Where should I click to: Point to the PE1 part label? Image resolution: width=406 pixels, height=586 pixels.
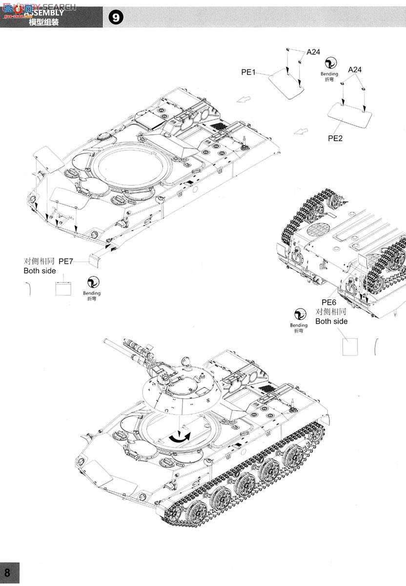248,72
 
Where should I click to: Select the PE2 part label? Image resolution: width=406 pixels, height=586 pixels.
335,138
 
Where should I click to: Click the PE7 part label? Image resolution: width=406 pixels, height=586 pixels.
66,262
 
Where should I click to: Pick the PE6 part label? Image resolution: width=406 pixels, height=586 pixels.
329,303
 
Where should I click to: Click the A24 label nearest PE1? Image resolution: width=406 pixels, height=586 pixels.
313,52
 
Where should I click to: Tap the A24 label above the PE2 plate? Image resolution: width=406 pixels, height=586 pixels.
355,70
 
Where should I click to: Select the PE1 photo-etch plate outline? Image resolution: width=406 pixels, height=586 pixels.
287,83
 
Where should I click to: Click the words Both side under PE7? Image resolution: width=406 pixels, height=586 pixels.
40,271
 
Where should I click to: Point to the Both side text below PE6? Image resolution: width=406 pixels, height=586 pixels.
331,321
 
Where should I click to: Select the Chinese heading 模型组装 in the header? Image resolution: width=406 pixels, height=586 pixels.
44,22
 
